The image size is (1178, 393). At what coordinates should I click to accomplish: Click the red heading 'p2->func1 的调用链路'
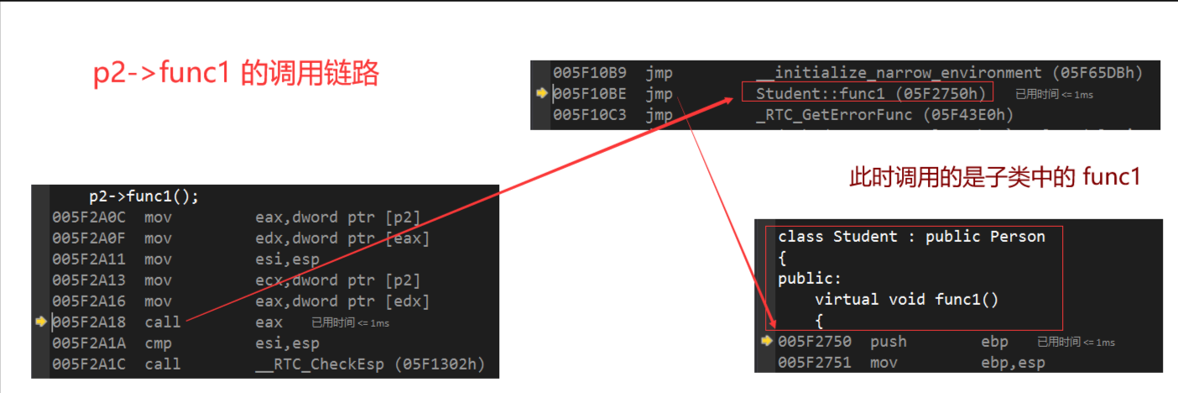[236, 75]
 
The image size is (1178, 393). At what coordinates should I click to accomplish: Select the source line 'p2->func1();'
[144, 197]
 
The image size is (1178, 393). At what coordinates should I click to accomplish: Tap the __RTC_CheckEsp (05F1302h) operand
[370, 364]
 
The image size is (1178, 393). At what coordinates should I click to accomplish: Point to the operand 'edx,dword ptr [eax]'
[342, 238]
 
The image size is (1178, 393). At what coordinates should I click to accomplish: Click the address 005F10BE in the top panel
[589, 93]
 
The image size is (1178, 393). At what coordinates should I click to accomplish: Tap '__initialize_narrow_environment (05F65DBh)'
[947, 72]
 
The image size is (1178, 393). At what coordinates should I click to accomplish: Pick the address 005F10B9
[589, 72]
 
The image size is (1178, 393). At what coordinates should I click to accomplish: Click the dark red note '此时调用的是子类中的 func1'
[995, 178]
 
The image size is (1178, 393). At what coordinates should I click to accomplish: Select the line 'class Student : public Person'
[911, 237]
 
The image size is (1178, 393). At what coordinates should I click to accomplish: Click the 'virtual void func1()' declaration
[906, 299]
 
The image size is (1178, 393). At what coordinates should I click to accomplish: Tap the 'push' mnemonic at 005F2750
[889, 342]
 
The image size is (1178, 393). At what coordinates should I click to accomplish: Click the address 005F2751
[814, 363]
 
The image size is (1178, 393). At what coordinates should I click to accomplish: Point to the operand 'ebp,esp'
[1013, 363]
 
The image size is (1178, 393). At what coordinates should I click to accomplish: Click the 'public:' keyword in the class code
[809, 278]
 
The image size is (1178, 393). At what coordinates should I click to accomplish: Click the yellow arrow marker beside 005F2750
[766, 341]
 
